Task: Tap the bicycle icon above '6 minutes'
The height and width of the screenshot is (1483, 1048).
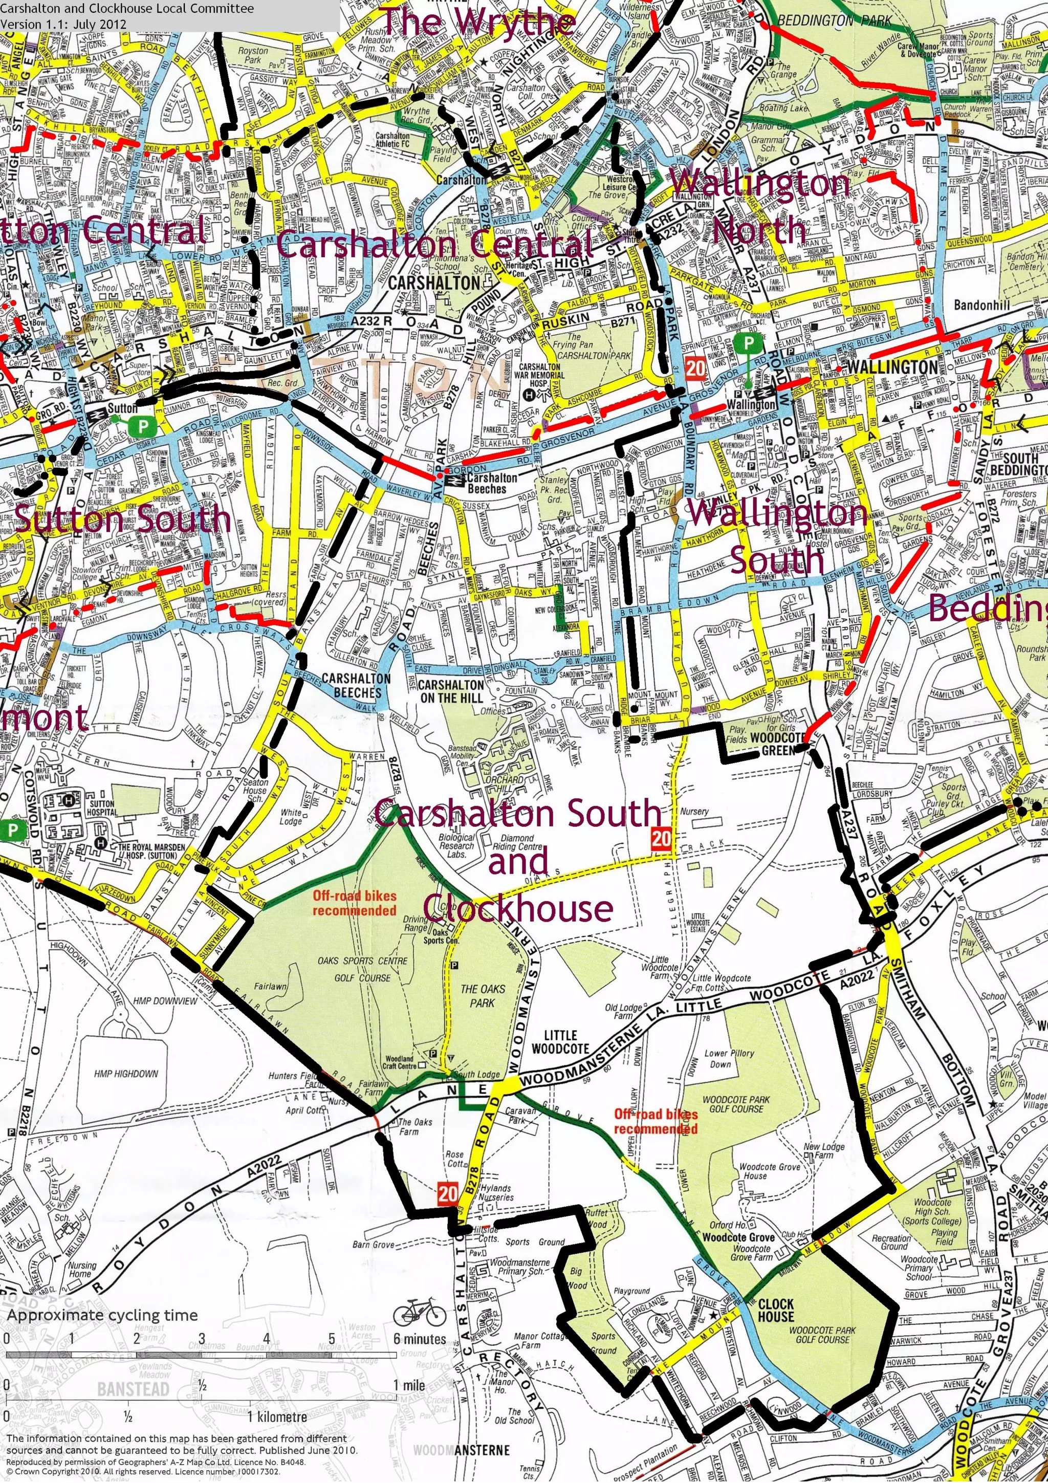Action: point(419,1313)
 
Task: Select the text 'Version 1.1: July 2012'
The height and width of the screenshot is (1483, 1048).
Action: point(63,25)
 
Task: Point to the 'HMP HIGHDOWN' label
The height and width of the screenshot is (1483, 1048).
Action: point(126,1074)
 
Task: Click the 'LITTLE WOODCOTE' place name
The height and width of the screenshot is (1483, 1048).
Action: point(560,1042)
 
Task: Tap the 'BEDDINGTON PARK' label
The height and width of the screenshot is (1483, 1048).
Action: point(834,20)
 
